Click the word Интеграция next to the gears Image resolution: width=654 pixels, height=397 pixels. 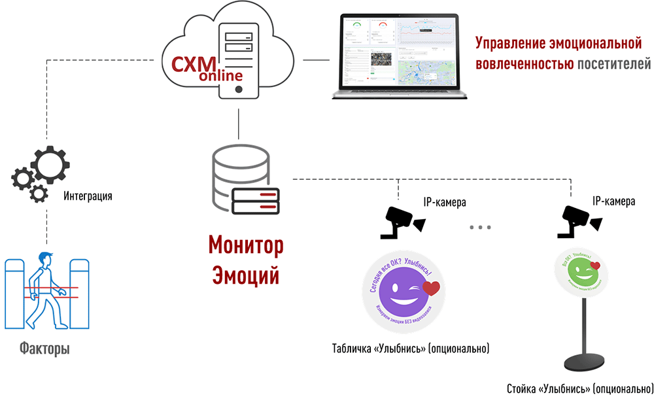coord(88,196)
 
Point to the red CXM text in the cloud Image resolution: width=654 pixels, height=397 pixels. coord(190,65)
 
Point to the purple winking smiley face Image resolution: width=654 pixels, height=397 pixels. coord(400,290)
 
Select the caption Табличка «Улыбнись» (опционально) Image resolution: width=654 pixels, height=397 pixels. coord(411,347)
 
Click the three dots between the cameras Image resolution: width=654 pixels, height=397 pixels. coord(480,227)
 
